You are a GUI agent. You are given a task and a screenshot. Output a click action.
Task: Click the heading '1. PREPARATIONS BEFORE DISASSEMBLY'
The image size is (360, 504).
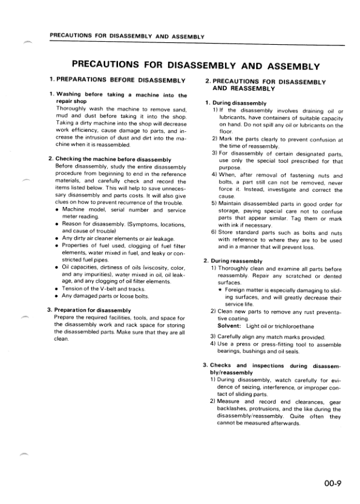(117, 80)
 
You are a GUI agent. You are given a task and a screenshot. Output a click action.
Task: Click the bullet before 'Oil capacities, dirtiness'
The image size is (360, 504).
(56, 266)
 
